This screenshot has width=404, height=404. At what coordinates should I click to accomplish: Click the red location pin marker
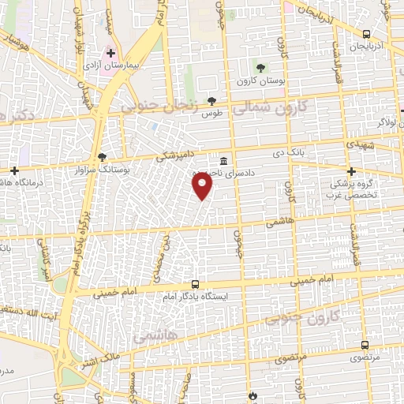click(203, 185)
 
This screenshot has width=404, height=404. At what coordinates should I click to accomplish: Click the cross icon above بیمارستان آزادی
click(112, 51)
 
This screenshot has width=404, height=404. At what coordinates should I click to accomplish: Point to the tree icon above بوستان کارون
click(261, 66)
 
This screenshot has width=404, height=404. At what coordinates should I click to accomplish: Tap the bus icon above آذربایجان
click(365, 33)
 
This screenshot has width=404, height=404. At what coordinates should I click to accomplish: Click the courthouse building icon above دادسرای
click(224, 156)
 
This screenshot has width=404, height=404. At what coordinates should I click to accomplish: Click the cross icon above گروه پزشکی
click(352, 171)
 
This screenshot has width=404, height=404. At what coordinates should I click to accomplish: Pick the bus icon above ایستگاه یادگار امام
click(195, 283)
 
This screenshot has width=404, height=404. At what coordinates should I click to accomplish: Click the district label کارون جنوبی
click(308, 316)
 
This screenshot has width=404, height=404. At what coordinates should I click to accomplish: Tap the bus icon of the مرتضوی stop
click(365, 345)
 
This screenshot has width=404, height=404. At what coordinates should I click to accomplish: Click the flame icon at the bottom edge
click(252, 395)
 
